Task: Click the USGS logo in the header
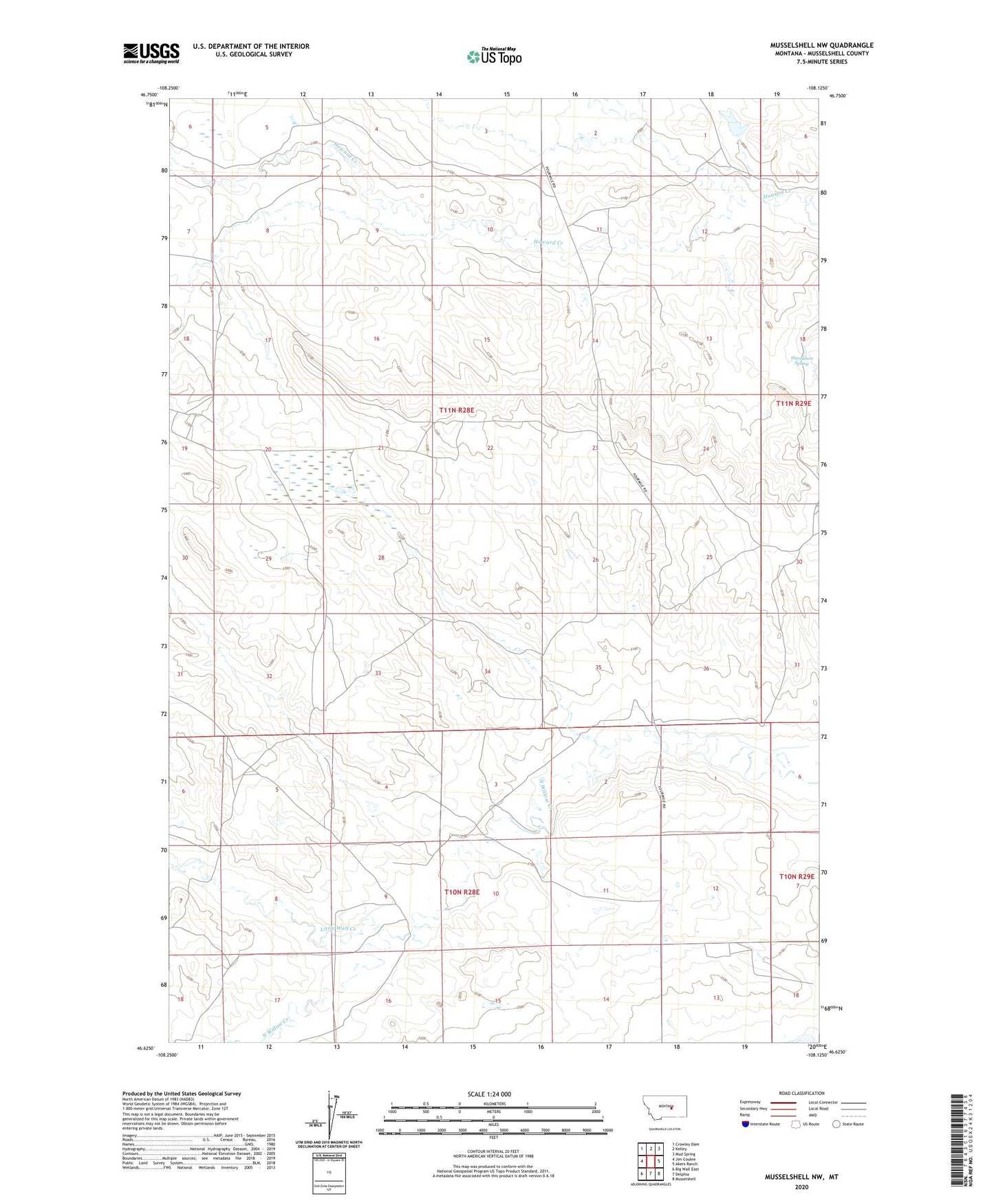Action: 151,53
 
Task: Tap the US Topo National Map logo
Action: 493,56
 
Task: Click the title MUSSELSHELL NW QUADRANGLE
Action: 821,45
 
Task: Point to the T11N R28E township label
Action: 457,410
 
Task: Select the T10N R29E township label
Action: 797,876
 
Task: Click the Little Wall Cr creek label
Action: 338,929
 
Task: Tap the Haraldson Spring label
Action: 802,360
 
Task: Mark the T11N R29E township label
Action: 793,404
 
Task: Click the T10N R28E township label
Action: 462,891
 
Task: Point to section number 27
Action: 486,560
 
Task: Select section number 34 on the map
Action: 487,671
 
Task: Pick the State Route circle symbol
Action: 836,1124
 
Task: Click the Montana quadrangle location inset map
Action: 664,1107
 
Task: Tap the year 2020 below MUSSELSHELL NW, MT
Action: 801,1187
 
